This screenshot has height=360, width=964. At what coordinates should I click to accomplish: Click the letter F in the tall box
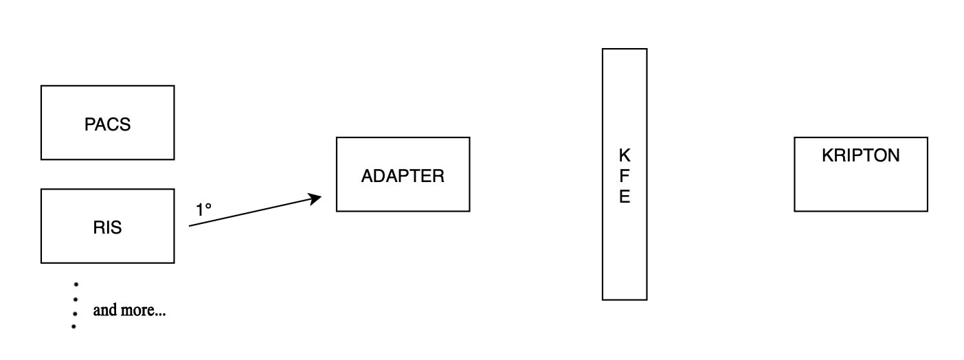click(x=624, y=177)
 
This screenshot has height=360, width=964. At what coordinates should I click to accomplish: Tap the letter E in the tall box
click(x=624, y=197)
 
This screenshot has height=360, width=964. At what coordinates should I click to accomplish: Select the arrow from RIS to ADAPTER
click(x=254, y=212)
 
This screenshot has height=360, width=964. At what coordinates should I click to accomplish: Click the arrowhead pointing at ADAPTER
click(x=317, y=199)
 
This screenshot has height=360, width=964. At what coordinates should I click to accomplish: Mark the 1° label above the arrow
click(x=204, y=210)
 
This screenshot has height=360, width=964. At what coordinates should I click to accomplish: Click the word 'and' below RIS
click(x=104, y=310)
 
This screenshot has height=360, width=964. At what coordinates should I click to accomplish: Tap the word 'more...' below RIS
click(x=143, y=310)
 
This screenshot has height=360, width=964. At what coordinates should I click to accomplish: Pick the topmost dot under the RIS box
click(x=75, y=284)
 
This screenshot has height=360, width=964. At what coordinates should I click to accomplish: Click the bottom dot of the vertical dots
click(x=74, y=326)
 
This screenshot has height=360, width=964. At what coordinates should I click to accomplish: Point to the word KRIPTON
click(x=860, y=156)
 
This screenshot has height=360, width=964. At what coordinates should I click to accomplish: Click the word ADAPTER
click(x=403, y=176)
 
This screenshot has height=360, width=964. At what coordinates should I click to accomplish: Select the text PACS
click(x=107, y=125)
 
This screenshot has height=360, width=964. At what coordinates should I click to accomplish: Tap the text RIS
click(x=107, y=228)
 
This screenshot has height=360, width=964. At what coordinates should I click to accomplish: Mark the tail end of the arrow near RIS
click(x=191, y=225)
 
